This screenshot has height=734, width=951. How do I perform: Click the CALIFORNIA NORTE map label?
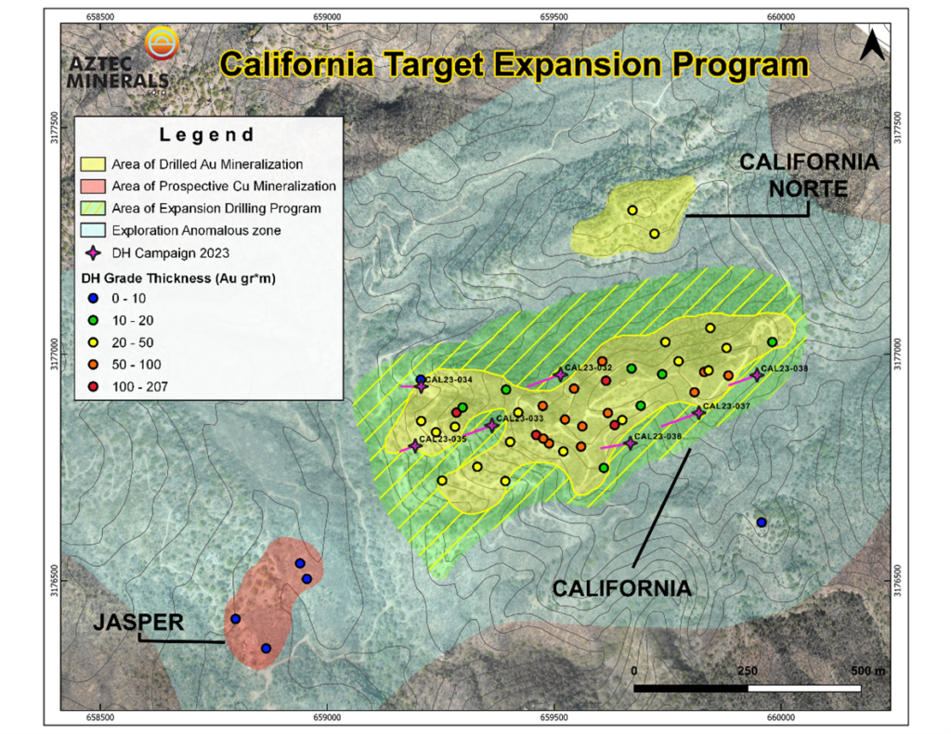(808, 175)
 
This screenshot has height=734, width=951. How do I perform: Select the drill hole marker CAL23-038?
(757, 374)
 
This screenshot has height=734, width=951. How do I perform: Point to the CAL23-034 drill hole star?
(421, 386)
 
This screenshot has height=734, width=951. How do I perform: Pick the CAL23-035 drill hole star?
(415, 446)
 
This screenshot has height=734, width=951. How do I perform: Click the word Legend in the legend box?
(206, 135)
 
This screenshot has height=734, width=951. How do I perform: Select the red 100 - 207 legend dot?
(93, 386)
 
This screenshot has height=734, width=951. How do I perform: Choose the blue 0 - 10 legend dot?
(93, 298)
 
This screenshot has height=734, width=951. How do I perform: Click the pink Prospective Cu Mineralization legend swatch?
(93, 187)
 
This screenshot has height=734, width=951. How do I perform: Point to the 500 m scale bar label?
(869, 670)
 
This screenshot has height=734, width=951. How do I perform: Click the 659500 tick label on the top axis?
(554, 16)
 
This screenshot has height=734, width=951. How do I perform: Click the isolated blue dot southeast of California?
(762, 522)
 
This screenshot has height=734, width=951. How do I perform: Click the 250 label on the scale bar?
(747, 670)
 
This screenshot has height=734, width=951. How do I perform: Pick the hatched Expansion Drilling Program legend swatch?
(93, 209)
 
